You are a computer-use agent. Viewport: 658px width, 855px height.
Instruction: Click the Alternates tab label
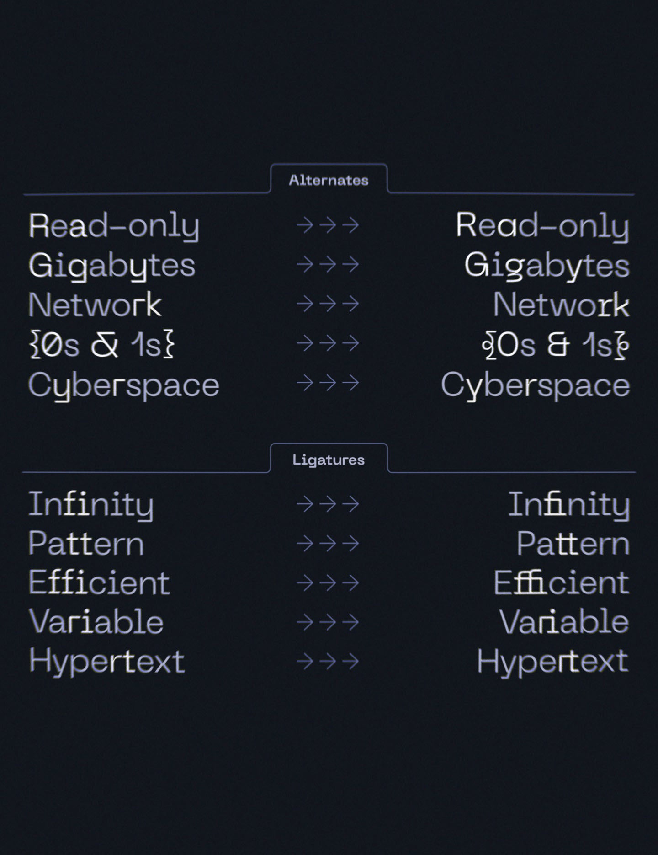point(329,180)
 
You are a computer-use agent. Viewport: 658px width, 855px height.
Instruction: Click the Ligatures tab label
point(329,460)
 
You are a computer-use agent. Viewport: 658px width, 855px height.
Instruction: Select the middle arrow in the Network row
point(328,304)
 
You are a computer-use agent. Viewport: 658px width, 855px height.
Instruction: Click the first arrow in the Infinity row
point(305,504)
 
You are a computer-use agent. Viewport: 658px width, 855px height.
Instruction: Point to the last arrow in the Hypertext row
point(350,661)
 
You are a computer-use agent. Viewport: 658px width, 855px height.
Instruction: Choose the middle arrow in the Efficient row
point(328,583)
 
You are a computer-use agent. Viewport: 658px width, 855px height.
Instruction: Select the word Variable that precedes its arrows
point(96,621)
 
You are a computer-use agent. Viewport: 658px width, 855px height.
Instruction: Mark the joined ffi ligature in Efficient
point(531,582)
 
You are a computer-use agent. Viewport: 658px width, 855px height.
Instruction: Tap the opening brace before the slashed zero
point(35,345)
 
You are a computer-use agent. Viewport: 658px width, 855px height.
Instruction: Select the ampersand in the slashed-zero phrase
point(105,345)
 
